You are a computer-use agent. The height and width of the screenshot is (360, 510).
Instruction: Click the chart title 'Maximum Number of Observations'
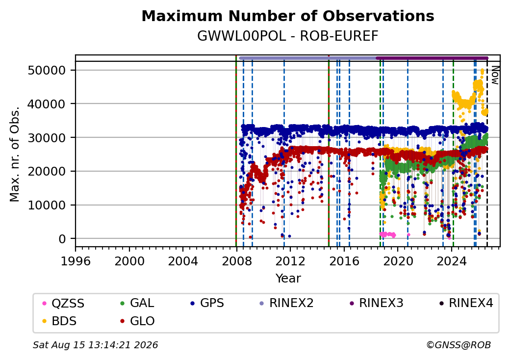288,16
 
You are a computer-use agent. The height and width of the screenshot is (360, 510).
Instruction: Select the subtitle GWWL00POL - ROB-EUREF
288,36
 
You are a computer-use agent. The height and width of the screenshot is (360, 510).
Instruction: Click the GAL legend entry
137,303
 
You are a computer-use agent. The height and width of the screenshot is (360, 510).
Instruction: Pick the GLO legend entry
137,321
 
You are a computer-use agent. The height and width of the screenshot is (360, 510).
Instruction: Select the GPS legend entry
207,303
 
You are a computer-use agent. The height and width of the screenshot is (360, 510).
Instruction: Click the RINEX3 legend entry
376,303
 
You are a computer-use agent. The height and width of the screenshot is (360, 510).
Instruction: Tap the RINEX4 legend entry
466,303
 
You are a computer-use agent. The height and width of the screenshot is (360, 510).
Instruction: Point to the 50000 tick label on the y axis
47,70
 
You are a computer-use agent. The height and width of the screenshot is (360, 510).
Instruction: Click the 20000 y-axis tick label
47,171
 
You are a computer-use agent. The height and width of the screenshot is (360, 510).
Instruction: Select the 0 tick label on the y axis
62,239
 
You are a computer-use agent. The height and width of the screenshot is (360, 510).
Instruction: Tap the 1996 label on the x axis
76,261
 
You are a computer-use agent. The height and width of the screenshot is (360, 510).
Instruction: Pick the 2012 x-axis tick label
290,261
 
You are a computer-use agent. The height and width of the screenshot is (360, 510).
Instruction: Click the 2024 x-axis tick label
452,261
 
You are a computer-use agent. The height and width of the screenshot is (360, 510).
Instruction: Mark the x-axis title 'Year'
288,279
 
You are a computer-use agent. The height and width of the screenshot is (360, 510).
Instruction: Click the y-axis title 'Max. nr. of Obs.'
15,154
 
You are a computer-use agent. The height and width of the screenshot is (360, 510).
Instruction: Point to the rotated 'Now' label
495,75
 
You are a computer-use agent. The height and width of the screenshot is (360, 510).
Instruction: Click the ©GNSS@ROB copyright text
459,345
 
